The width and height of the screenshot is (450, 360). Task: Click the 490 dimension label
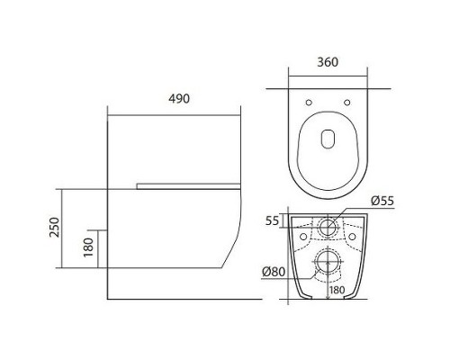click(x=179, y=99)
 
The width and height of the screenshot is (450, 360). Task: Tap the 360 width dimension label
click(x=328, y=62)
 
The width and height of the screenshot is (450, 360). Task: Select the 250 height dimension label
click(x=55, y=228)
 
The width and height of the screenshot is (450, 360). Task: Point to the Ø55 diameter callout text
click(x=382, y=201)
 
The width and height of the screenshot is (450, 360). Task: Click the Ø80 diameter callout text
click(x=274, y=272)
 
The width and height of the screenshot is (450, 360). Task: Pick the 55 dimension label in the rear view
click(x=273, y=221)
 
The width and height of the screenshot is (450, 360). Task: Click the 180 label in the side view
click(x=89, y=247)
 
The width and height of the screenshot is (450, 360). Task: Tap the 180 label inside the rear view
click(x=337, y=290)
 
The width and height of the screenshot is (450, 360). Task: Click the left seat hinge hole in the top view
click(x=309, y=103)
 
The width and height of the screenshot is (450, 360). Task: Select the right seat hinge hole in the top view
click(x=347, y=103)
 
